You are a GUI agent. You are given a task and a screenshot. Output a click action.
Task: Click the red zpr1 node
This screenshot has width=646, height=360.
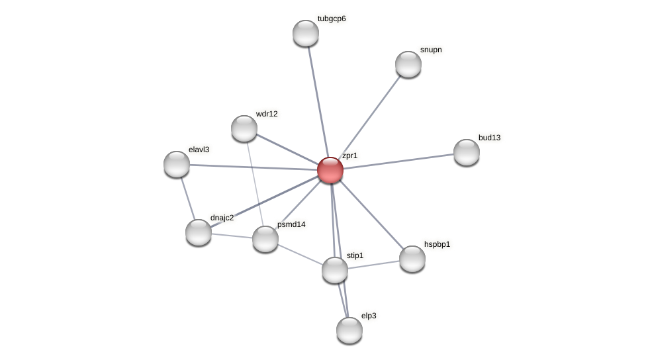[x=330, y=170]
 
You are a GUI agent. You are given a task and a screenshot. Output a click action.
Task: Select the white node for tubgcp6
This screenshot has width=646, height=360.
[x=306, y=33]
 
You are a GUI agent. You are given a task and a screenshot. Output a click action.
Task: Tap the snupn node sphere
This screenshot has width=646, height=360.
[x=408, y=64]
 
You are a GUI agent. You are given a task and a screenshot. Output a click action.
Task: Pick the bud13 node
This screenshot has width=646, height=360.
[x=467, y=152]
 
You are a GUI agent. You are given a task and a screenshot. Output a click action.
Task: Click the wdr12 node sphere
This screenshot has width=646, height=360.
[x=244, y=128]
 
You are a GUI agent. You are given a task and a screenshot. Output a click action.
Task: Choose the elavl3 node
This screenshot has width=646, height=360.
[x=177, y=164]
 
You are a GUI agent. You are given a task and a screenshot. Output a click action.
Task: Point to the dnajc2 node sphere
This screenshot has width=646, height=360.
[x=199, y=232]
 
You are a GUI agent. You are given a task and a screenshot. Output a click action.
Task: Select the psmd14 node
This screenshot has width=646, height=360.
[x=265, y=239]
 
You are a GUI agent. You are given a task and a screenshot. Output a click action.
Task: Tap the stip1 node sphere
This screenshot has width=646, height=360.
[x=335, y=270]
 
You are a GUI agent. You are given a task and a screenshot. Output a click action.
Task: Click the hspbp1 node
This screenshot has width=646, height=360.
[x=412, y=259]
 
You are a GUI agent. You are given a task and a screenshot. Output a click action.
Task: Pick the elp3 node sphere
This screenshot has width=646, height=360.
[x=349, y=330]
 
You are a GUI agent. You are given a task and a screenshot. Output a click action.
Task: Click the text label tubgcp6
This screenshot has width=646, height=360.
[x=331, y=19]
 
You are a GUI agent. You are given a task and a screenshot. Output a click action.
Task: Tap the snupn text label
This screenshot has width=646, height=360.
[x=430, y=50]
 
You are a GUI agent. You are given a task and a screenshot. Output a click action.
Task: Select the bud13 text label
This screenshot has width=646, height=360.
[x=489, y=138]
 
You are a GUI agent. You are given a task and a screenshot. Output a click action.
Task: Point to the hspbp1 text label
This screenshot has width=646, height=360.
[x=437, y=244]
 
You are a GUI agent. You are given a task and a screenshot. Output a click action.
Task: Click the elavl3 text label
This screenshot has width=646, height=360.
[x=199, y=150]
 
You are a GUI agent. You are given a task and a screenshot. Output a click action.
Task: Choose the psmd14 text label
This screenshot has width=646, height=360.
[x=291, y=224]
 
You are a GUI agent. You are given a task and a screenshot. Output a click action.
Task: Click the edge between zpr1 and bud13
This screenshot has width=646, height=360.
[x=398, y=161]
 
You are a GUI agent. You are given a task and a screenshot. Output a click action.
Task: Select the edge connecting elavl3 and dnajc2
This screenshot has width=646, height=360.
[x=187, y=198]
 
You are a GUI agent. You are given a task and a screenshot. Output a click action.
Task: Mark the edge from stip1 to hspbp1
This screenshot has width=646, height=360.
[x=374, y=265]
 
